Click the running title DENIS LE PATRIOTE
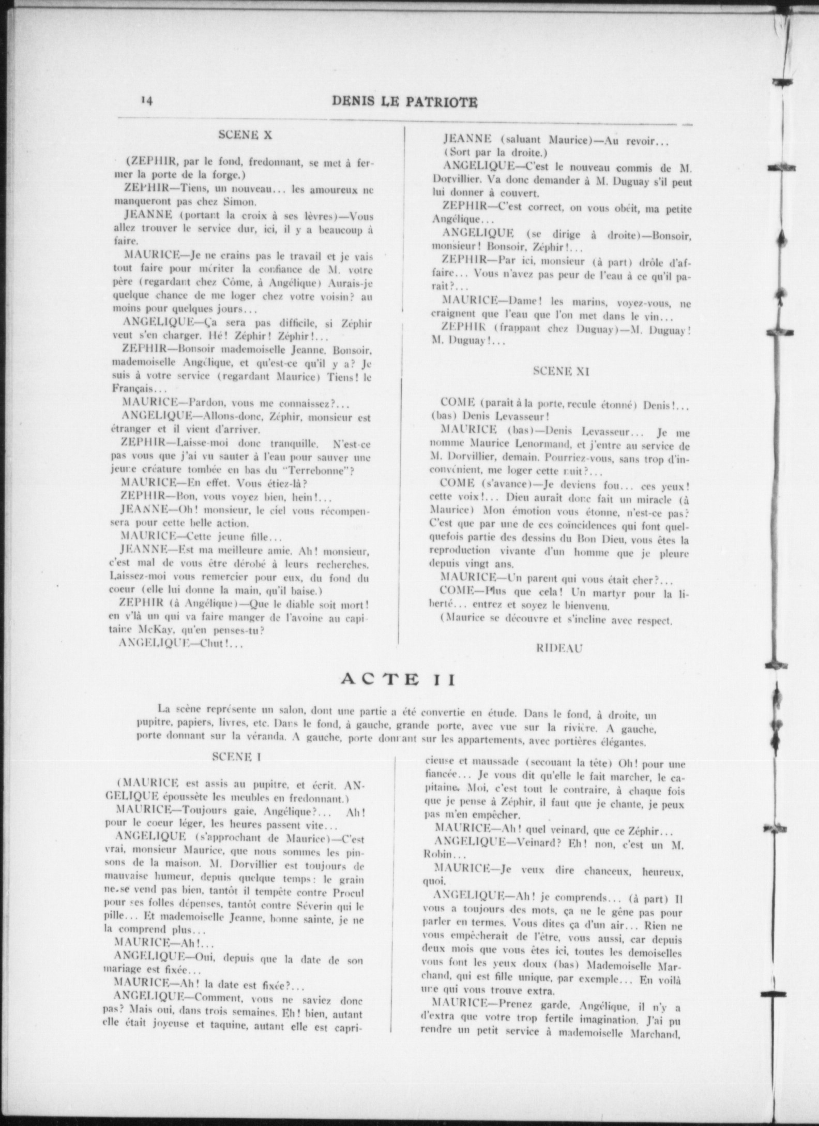pyautogui.click(x=405, y=102)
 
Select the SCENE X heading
pyautogui.click(x=245, y=135)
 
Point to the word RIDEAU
pyautogui.click(x=560, y=648)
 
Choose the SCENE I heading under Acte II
pyautogui.click(x=236, y=757)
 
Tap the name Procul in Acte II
pyautogui.click(x=345, y=893)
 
